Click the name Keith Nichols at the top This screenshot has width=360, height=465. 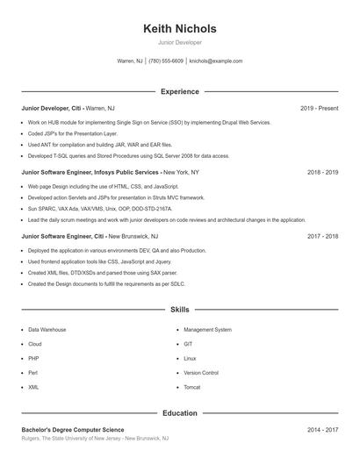pos(179,28)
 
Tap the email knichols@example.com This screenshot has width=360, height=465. pos(216,61)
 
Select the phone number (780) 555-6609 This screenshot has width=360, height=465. pos(166,61)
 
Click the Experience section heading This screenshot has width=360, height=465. pos(179,91)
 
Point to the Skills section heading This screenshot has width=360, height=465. pos(179,310)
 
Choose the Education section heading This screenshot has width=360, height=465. pos(179,412)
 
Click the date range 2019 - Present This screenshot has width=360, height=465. pos(319,108)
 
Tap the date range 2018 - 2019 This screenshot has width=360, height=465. pos(322,173)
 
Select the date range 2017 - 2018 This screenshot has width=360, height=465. pos(322,237)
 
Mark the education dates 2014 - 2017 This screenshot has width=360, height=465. pos(322,430)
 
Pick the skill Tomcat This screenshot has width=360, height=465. pos(192,387)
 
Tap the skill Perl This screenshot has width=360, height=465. pos(33,373)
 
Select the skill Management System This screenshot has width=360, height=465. pos(207,330)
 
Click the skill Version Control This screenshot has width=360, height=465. pos(201,373)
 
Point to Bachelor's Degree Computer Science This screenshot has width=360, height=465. pos(79,430)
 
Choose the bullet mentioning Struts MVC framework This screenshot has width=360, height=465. pos(116,198)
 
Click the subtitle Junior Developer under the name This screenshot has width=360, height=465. pos(179,42)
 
